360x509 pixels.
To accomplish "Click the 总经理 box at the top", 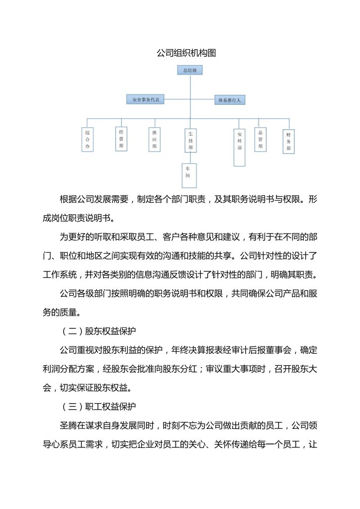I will tap(189, 71).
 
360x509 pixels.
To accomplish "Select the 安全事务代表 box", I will tap(145, 99).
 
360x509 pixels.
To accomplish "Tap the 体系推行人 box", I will tap(229, 100).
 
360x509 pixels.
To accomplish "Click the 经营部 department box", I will tap(121, 139).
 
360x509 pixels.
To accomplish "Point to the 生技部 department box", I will tap(190, 141).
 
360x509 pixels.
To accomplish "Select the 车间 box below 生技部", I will tap(188, 175).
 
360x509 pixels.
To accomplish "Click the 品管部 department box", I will tap(261, 140).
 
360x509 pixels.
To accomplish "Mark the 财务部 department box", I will tap(288, 142).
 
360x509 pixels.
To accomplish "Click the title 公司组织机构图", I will tap(180, 53).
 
